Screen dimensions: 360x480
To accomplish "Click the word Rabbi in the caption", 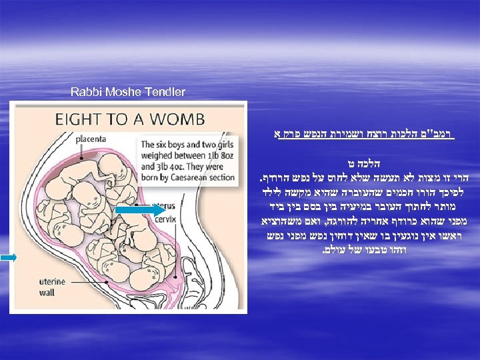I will pyautogui.click(x=84, y=92).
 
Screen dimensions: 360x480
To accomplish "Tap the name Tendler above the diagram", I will pyautogui.click(x=166, y=92).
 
